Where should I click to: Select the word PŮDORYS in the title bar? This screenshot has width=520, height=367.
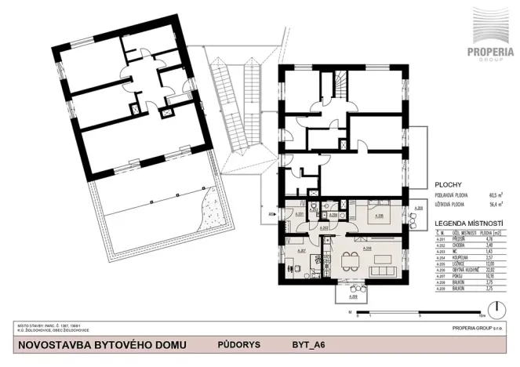tap(235, 344)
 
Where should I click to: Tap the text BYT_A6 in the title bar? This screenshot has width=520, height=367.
tap(307, 344)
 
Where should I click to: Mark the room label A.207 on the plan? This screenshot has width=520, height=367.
tap(300, 250)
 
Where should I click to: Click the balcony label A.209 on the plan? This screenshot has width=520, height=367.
tap(354, 297)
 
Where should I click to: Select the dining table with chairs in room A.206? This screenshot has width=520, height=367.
tap(355, 260)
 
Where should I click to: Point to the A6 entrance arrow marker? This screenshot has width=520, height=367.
tap(274, 213)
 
